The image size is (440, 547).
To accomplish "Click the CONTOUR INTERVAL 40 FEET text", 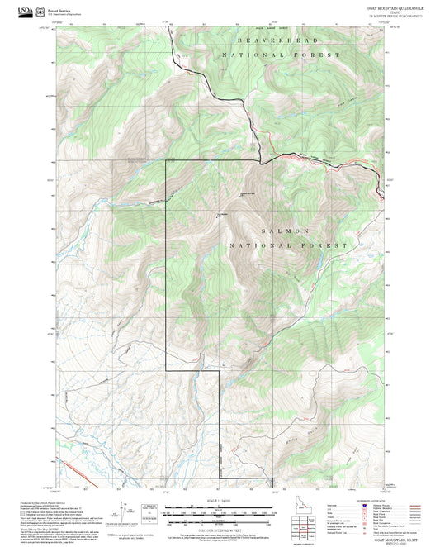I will coord(219,529).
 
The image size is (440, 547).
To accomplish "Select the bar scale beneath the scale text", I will coord(219,512).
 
